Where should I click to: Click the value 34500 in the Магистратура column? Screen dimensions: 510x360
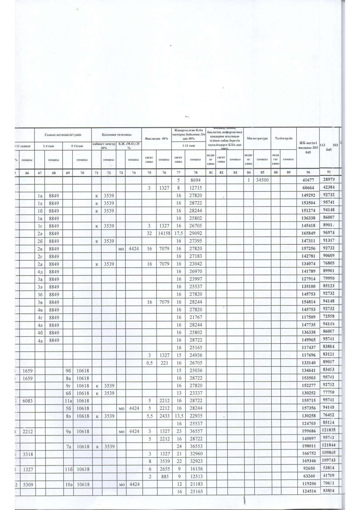(x=262, y=180)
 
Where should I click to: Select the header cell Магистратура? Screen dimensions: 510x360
(x=257, y=139)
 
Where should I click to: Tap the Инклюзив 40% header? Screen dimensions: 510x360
(x=156, y=139)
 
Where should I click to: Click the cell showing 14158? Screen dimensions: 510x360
(x=164, y=233)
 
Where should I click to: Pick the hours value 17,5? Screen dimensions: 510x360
(x=178, y=233)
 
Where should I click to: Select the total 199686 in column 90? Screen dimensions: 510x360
(x=308, y=432)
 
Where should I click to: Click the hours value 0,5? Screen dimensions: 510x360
(x=149, y=363)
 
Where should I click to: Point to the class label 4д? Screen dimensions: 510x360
(x=40, y=272)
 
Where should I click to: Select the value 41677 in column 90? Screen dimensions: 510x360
(x=308, y=180)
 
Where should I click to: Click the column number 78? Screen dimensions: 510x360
(x=195, y=173)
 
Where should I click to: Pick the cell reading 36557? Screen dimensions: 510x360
(x=195, y=432)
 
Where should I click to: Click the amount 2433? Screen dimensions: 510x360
(x=164, y=416)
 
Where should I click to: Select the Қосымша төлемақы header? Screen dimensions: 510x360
(x=117, y=135)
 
